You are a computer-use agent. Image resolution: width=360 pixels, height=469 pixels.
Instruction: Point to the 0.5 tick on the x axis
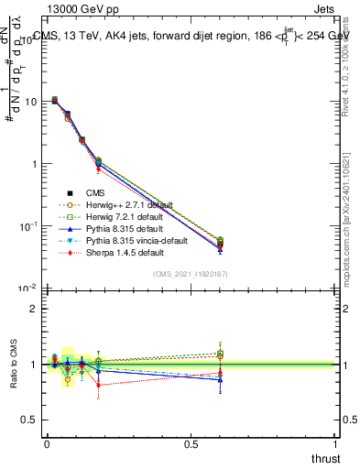(191, 443)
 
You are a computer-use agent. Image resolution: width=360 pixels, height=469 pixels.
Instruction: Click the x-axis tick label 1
(335, 443)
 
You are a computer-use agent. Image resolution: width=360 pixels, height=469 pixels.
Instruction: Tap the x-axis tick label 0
(47, 443)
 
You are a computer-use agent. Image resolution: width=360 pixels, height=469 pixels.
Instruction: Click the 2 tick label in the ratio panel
(34, 309)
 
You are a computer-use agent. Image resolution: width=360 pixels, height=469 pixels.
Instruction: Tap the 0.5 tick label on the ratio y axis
(30, 420)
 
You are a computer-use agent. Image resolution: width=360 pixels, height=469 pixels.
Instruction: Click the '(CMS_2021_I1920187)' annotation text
(191, 273)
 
